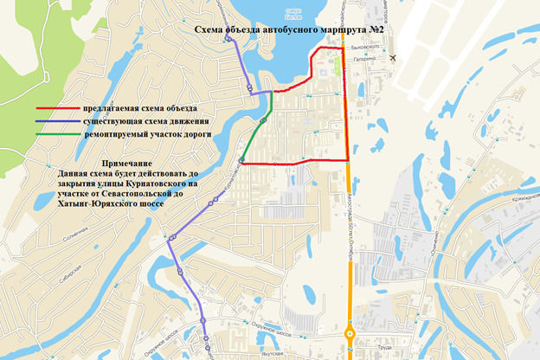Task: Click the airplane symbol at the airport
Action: pos(395,57)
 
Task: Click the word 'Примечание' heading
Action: pos(127,164)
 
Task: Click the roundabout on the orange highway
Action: pos(350,334)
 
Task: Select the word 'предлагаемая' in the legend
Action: pos(110,109)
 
